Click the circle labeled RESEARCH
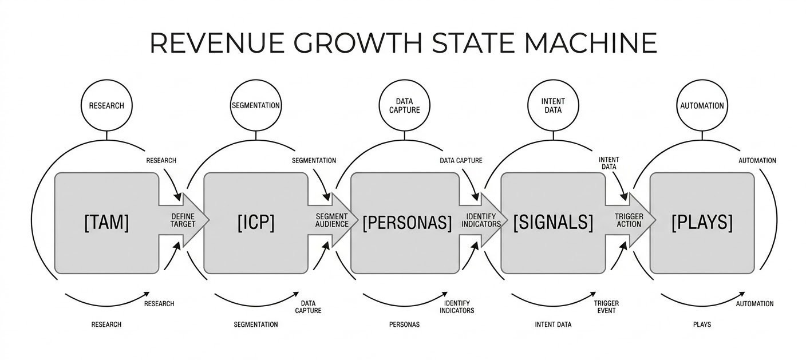[x=106, y=106]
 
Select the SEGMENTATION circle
[x=255, y=106]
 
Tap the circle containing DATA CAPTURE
[x=404, y=106]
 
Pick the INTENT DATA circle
[x=552, y=106]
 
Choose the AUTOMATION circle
[x=702, y=106]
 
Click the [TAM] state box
[x=106, y=223]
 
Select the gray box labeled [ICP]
[x=256, y=223]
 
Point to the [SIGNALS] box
[x=553, y=223]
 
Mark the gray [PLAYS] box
[x=702, y=223]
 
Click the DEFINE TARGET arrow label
[x=183, y=220]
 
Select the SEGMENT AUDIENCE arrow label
[x=332, y=220]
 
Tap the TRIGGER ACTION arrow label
[x=629, y=220]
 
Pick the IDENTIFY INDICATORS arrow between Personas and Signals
[x=483, y=220]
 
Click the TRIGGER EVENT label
[x=606, y=307]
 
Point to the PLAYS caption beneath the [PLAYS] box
[x=702, y=325]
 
